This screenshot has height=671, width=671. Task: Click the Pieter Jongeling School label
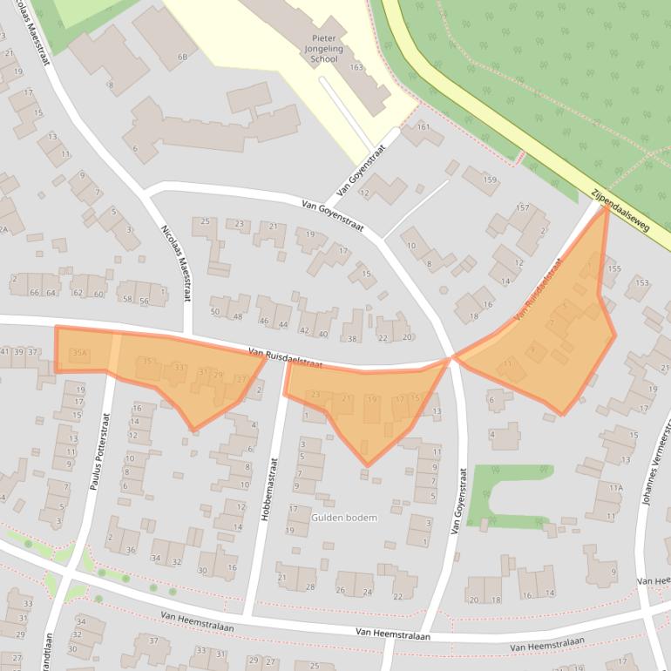tap(323, 49)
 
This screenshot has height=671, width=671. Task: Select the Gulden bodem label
tap(344, 518)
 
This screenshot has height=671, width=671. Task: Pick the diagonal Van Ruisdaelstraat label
tap(538, 288)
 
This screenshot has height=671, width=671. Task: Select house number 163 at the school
tap(356, 67)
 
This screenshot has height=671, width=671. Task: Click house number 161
tap(424, 127)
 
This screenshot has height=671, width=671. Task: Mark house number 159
tap(490, 181)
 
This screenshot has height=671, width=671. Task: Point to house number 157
tap(522, 208)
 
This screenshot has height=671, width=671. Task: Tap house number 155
tap(614, 269)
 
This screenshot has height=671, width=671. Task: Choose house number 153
tap(641, 282)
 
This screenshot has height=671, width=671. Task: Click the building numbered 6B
tap(182, 58)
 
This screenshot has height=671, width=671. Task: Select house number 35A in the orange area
tap(79, 353)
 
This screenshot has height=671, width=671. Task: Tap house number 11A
tap(616, 488)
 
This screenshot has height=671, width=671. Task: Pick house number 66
tap(35, 292)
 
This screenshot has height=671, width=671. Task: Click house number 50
tap(215, 312)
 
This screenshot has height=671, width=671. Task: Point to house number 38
tap(351, 338)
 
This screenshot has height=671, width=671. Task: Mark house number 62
tap(77, 293)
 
